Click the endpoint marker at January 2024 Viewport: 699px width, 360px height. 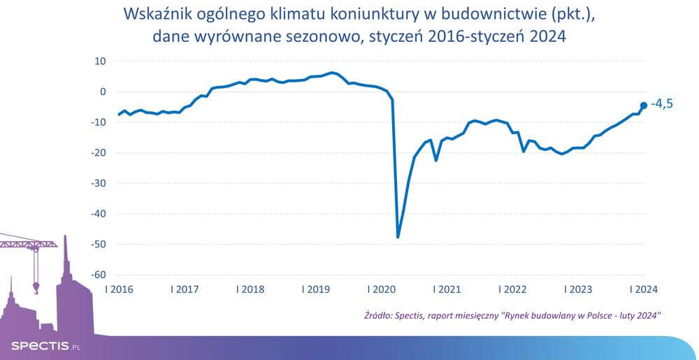coord(644,106)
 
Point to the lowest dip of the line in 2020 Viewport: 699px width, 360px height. coord(398,237)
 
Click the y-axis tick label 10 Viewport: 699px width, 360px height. coord(100,62)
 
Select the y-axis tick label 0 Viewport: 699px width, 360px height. coord(102,92)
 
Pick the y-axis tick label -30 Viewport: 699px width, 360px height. coord(98,183)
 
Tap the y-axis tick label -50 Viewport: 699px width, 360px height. coord(98,244)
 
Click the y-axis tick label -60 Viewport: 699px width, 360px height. coord(98,275)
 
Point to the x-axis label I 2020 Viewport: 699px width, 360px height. coord(381,289)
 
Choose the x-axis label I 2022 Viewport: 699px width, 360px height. coord(512,289)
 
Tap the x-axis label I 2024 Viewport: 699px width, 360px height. coord(643,289)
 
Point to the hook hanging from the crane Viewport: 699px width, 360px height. coord(36,285)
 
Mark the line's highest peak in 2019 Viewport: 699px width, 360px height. coord(333,73)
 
